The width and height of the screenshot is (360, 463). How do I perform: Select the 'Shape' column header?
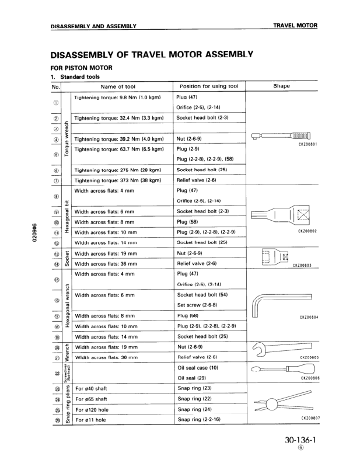281,86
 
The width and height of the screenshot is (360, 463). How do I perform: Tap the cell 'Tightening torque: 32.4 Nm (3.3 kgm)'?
118,117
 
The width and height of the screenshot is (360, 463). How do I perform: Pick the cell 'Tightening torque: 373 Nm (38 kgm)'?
118,181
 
